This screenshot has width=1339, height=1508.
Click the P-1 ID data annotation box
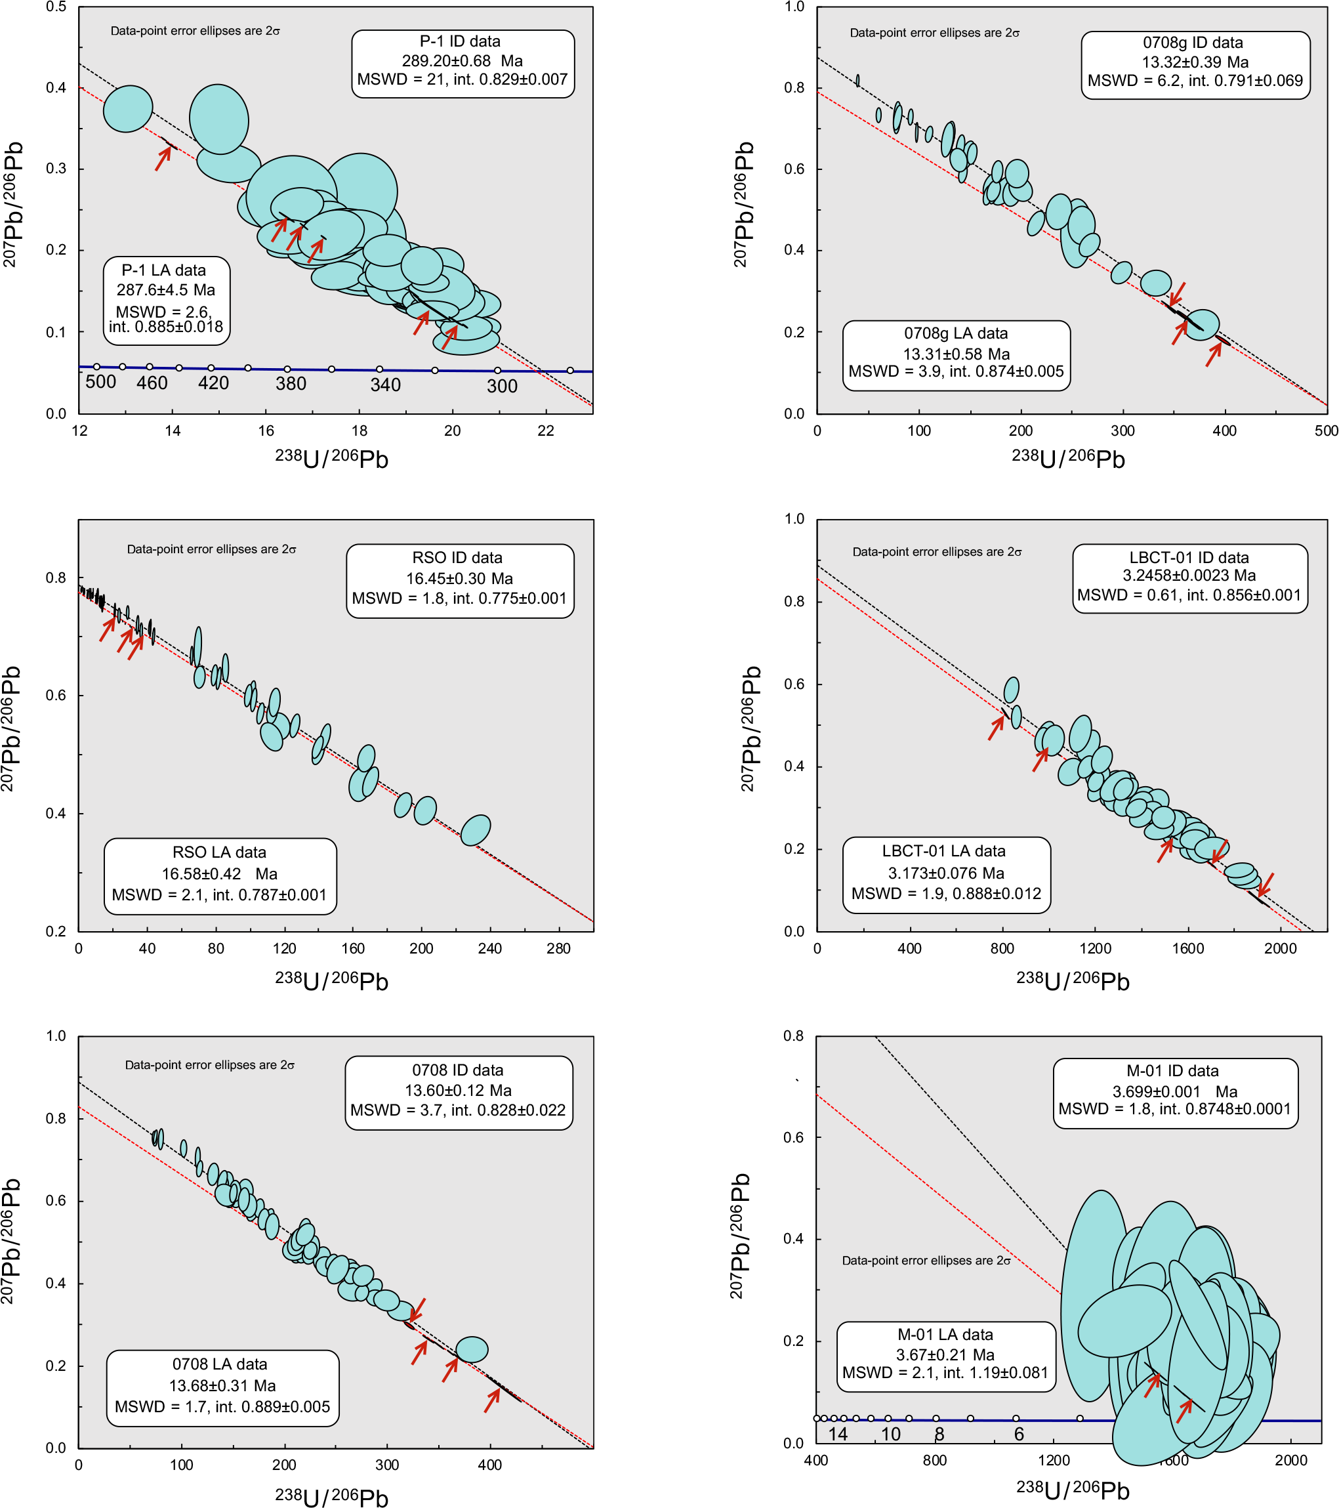tap(463, 63)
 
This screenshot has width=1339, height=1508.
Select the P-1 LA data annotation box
tap(166, 301)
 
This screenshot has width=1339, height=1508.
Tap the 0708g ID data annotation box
tap(1195, 64)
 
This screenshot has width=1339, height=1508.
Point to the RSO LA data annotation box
tap(220, 876)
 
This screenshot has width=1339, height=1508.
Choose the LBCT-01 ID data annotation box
tap(1189, 577)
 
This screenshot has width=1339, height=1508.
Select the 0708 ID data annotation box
tap(458, 1092)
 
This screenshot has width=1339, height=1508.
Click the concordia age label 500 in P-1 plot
tap(100, 382)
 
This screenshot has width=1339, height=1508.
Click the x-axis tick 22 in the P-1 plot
tap(545, 432)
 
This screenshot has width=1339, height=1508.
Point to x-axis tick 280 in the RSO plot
tap(558, 949)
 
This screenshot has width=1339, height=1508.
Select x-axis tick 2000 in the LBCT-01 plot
tap(1280, 949)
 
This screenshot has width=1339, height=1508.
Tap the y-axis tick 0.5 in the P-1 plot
tap(56, 7)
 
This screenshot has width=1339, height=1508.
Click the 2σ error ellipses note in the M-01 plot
tap(926, 1260)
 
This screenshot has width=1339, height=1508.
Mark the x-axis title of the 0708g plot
tap(1067, 458)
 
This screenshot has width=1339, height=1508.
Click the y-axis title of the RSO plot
tap(10, 729)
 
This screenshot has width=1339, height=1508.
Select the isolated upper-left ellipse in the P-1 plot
tap(128, 108)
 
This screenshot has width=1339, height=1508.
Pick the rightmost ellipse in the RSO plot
tap(476, 831)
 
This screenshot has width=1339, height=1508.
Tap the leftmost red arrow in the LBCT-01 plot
tap(996, 728)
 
